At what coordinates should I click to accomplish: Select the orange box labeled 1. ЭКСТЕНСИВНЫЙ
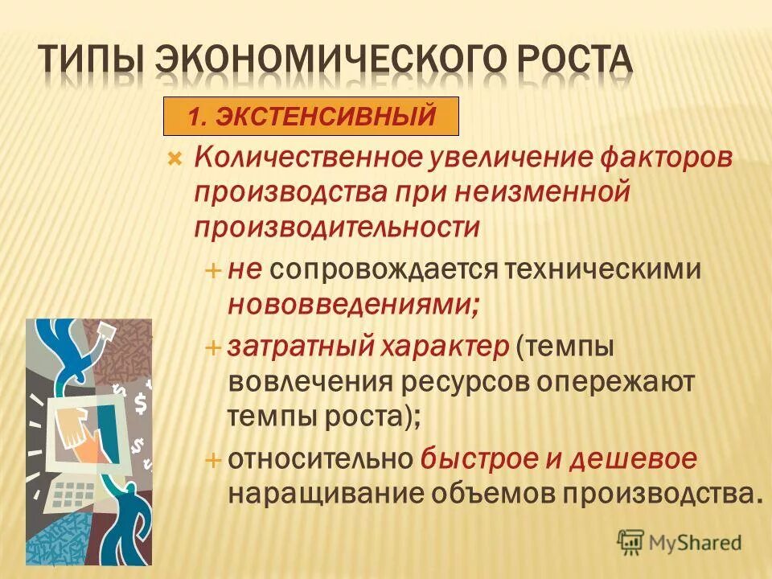[311, 117]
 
